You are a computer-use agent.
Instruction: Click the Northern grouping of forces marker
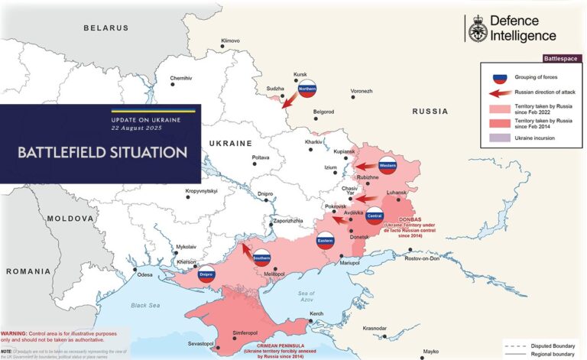coord(307,89)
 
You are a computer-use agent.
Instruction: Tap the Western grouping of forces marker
coord(388,165)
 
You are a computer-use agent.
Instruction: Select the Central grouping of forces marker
coord(375,216)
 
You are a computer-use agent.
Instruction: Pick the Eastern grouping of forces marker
coord(326,242)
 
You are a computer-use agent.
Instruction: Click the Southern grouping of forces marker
coord(262,258)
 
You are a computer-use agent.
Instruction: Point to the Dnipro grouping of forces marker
coord(206,274)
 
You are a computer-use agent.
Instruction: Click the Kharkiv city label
coord(313,142)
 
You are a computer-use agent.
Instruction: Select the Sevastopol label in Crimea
coord(200,343)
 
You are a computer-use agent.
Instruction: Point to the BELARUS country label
coord(106,28)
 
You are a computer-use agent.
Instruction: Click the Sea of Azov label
coord(307,297)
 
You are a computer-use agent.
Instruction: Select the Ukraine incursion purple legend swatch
coord(499,138)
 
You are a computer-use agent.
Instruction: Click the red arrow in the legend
coord(499,92)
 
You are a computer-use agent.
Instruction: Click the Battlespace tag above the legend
coord(560,58)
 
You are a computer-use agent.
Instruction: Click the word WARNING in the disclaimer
coord(13,334)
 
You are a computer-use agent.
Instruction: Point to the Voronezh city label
coord(362,91)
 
